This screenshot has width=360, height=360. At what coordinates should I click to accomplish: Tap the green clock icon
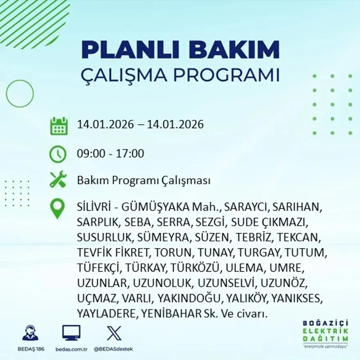click(58, 154)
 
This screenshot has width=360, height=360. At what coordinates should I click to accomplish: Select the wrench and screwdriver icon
click(58, 180)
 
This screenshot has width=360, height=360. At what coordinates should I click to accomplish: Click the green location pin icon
click(57, 209)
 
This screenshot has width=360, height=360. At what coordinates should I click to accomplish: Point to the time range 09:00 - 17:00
click(110, 154)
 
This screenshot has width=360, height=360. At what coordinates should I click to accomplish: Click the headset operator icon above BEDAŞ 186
click(30, 333)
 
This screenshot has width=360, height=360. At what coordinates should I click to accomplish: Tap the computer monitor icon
click(71, 333)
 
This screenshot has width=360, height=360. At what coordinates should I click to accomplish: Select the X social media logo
click(114, 333)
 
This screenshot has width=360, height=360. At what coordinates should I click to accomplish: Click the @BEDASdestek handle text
click(113, 349)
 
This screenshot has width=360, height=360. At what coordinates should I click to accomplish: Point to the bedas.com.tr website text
click(71, 349)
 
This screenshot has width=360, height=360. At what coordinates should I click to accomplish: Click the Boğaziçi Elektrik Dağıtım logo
click(326, 333)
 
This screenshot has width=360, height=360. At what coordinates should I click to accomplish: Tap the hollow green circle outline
click(20, 93)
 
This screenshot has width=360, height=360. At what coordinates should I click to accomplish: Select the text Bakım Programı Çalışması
click(144, 180)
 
